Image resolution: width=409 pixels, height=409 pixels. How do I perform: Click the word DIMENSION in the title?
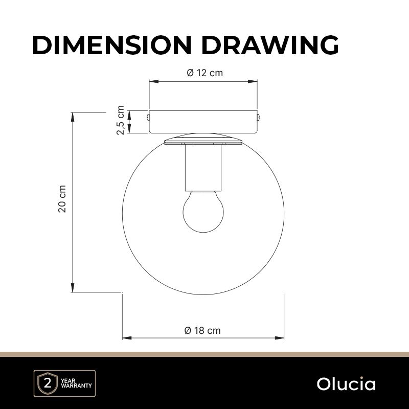(x=112, y=45)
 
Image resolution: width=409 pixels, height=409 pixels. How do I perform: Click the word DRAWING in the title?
(x=270, y=45)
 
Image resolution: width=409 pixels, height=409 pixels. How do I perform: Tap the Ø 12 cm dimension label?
(x=205, y=73)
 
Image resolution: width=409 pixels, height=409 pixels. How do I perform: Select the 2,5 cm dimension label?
(x=121, y=120)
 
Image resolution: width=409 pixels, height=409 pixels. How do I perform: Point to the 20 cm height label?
(x=62, y=199)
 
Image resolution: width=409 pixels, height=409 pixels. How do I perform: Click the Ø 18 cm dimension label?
(x=202, y=330)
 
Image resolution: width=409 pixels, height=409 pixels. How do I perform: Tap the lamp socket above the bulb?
(x=203, y=168)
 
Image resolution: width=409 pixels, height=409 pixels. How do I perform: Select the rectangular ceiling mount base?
(x=203, y=122)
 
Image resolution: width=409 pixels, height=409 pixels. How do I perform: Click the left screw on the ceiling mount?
(x=148, y=117)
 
